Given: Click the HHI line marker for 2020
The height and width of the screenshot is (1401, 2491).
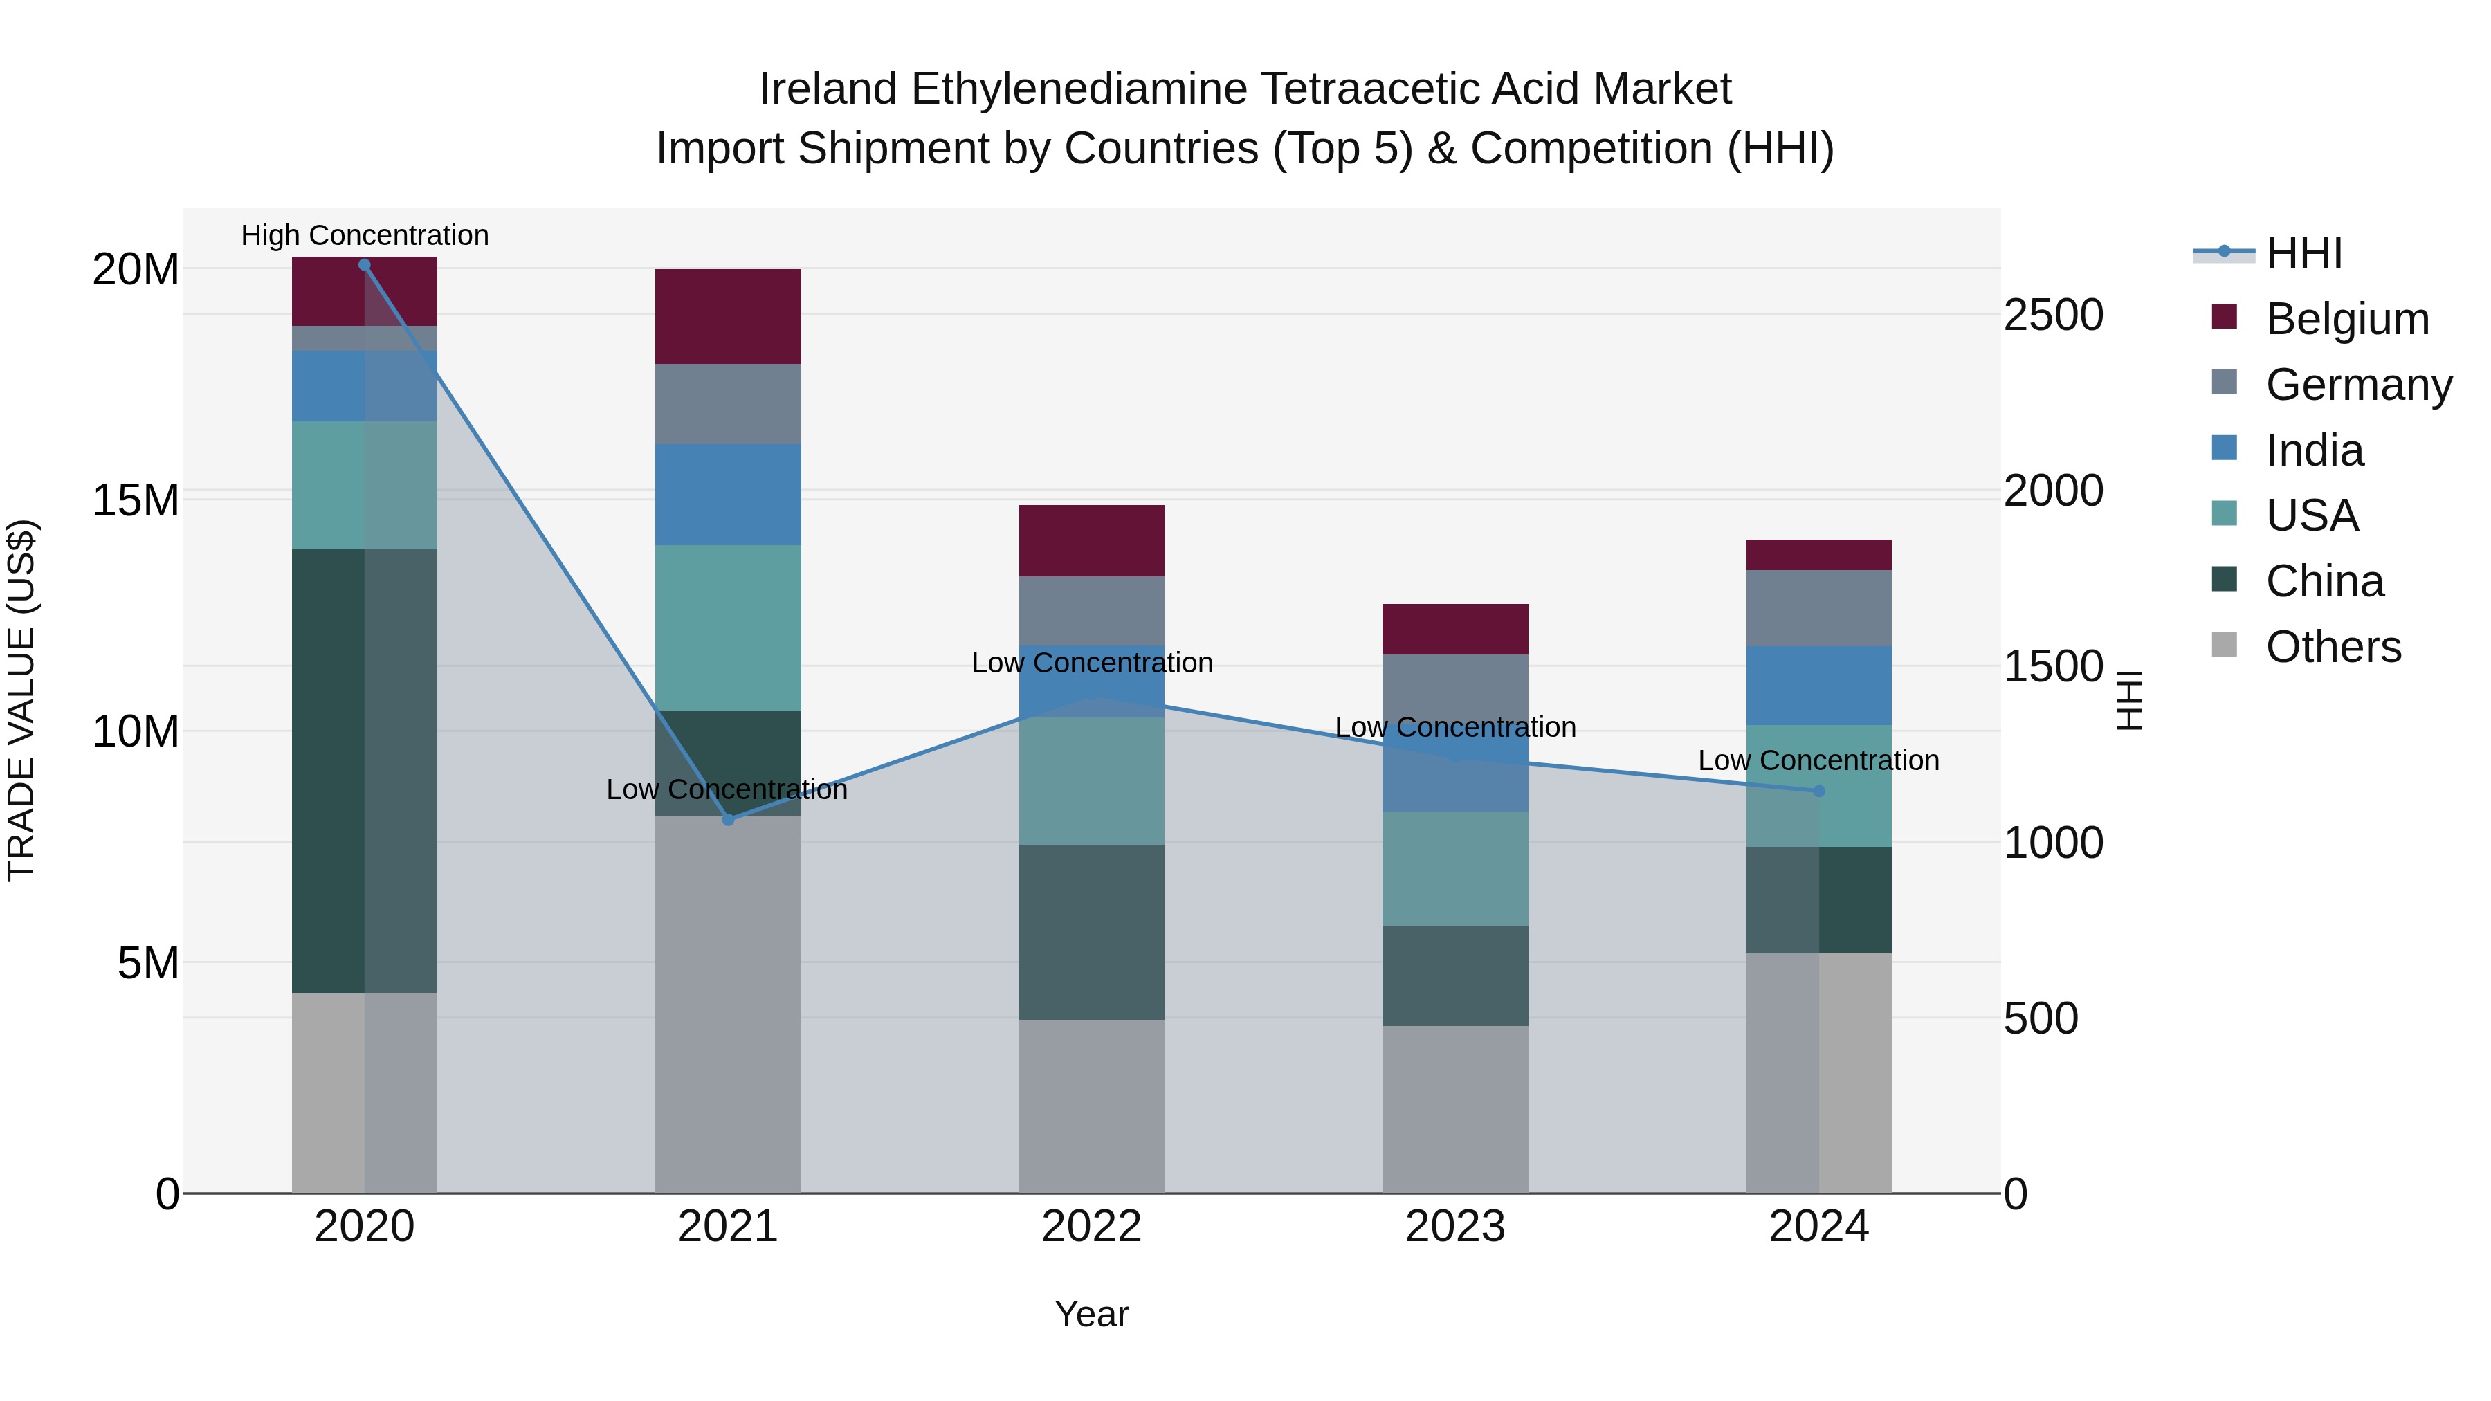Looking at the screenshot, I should pos(365,265).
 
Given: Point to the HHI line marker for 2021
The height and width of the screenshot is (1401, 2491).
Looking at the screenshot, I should pos(728,820).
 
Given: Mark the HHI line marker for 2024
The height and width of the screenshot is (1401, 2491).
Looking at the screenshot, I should pos(1819,791).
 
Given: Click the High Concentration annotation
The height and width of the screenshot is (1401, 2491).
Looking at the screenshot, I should pos(365,235).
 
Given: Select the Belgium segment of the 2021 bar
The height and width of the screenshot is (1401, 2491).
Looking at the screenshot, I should pos(728,316).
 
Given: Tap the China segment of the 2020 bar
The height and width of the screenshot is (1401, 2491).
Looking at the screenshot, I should pos(329,771).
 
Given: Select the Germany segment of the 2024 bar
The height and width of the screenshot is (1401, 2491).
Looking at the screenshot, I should pos(1819,607).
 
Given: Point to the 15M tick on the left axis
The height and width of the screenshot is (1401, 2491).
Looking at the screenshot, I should pos(136,501).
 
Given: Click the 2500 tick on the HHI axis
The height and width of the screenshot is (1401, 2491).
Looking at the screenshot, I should pos(2053,315).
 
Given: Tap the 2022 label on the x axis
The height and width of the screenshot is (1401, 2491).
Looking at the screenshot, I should pos(1092,1227).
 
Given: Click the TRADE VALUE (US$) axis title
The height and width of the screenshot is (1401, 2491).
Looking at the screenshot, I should pos(21,700).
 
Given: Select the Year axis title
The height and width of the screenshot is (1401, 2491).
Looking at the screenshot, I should pos(1092,1314).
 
